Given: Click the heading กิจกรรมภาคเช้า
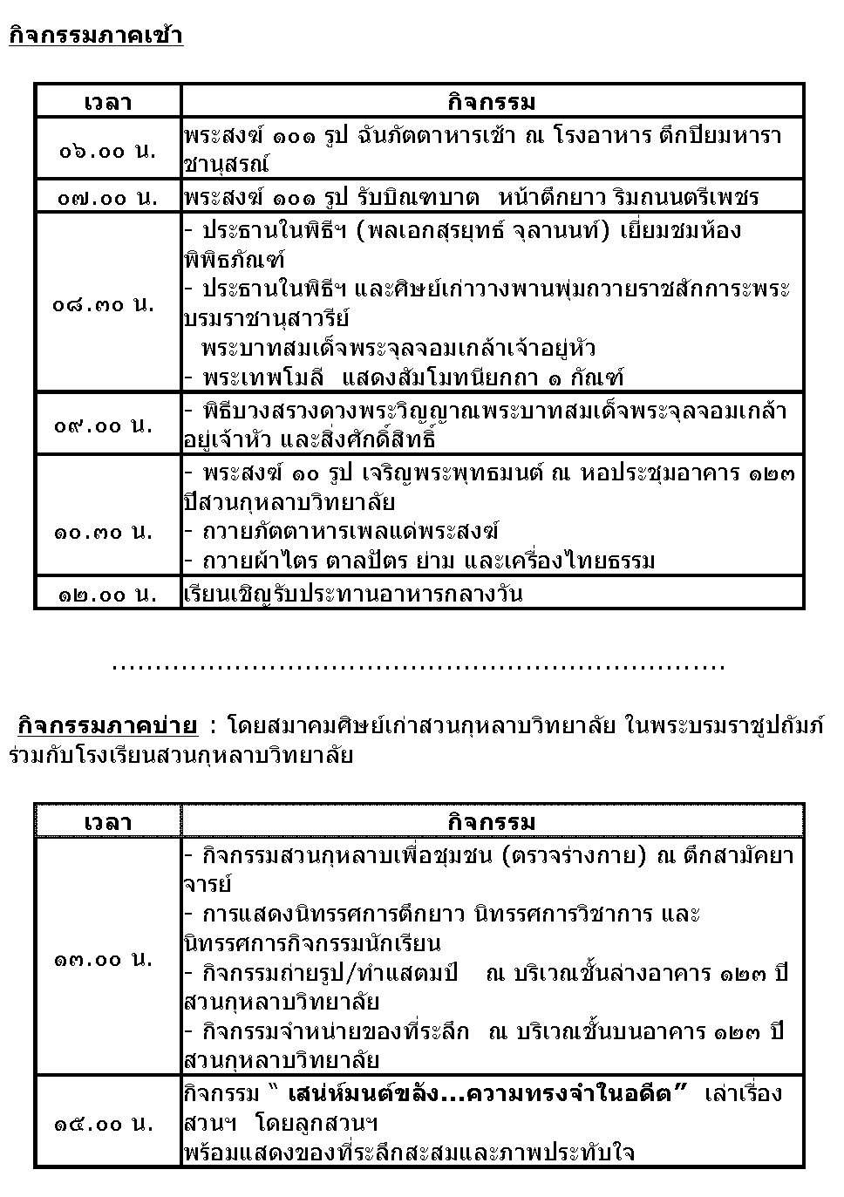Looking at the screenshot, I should point(96,36).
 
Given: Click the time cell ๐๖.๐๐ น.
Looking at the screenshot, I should point(107,149).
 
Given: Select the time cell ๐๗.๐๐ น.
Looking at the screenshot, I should point(107,197).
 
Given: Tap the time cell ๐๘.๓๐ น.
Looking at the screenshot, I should point(103,303).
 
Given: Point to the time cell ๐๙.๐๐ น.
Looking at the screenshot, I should point(103,425).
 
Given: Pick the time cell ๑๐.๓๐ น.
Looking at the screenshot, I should point(103,531).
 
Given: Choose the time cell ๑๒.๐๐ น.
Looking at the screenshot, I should point(107,595).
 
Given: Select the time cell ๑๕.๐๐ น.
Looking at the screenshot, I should point(103,1123).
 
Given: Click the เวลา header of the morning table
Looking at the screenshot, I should point(107,102).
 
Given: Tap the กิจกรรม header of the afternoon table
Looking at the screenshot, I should point(492,821).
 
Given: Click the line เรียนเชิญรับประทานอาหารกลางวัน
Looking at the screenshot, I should point(352,595).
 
